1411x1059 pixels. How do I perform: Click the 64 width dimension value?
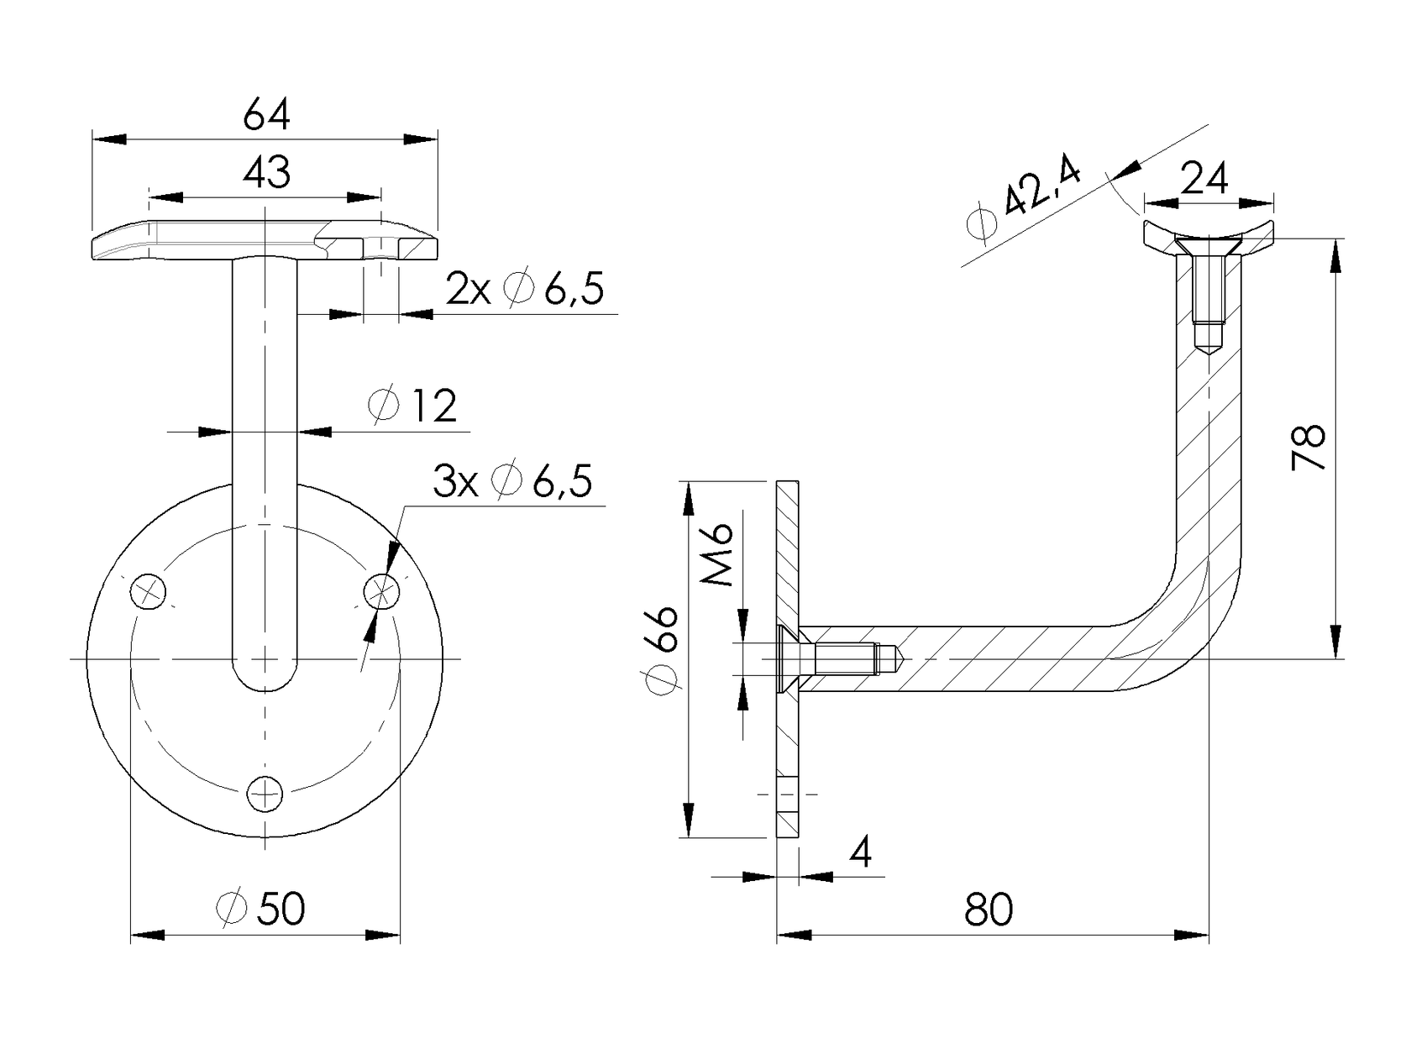[x=266, y=115]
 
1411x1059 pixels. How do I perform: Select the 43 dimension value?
[x=266, y=173]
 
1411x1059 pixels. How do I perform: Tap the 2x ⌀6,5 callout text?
[x=524, y=290]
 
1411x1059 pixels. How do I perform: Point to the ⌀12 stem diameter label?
[x=412, y=406]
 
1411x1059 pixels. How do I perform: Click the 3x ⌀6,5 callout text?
[x=512, y=481]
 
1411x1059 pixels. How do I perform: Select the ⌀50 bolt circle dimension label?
[x=260, y=909]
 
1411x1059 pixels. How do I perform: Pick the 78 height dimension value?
[x=1309, y=446]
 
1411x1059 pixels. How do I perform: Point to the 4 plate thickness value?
[x=861, y=853]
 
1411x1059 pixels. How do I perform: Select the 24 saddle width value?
[x=1204, y=178]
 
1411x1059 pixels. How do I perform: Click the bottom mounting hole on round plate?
[x=265, y=794]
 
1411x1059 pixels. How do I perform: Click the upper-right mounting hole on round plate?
[x=382, y=591]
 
